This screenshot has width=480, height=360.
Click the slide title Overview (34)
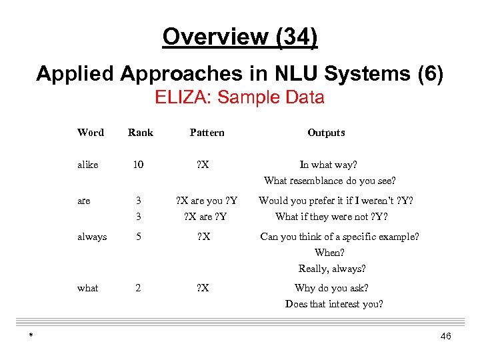(x=240, y=37)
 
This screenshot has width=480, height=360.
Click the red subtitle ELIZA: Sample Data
(x=240, y=97)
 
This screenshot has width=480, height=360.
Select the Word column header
(x=91, y=133)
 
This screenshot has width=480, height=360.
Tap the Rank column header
(x=141, y=133)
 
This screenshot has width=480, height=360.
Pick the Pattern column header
(x=207, y=133)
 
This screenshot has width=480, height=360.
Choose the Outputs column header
(x=326, y=133)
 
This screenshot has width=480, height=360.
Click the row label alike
(x=88, y=165)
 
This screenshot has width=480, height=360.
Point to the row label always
(x=92, y=237)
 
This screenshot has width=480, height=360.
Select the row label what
(x=88, y=288)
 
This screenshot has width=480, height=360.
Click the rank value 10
(x=138, y=165)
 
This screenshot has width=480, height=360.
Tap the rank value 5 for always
(x=138, y=237)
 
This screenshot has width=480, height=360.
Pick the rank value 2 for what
(x=138, y=288)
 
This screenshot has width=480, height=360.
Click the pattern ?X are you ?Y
(x=207, y=201)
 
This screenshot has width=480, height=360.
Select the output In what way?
(x=328, y=165)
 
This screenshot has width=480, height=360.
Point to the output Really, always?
(x=332, y=269)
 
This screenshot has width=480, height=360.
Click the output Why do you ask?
(x=331, y=288)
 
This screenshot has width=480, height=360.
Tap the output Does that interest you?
(x=334, y=304)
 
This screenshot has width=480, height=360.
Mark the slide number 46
(x=445, y=337)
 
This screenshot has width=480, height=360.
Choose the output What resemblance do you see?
(x=329, y=181)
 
